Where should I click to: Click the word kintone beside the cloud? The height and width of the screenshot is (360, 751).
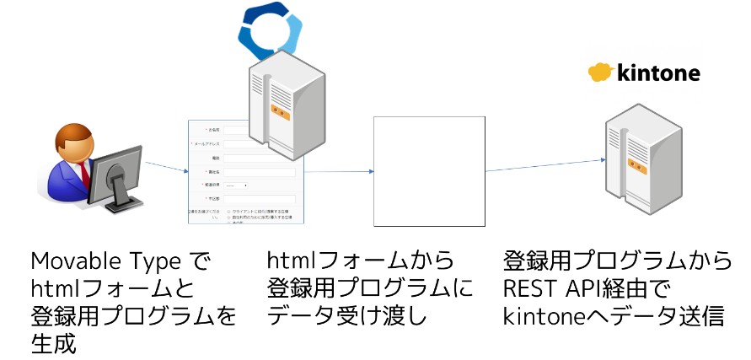tap(660, 73)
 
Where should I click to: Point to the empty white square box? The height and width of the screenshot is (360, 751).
tap(429, 171)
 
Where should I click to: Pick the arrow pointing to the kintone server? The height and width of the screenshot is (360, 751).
tap(543, 165)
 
